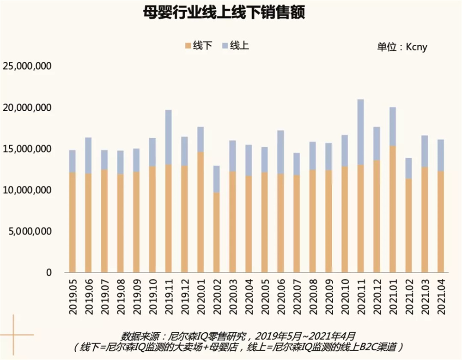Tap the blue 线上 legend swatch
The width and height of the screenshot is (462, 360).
tap(225, 46)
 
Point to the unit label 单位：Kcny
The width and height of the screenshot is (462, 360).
tap(402, 47)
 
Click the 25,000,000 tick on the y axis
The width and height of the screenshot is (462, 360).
tap(27, 66)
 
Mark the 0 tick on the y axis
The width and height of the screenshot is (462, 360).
tap(49, 272)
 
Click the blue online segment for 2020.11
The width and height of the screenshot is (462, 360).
tap(361, 132)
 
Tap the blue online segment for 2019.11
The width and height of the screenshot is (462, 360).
tap(169, 137)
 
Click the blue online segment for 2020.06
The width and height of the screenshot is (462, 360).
tap(280, 152)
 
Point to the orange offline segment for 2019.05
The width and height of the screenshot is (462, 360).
tap(73, 222)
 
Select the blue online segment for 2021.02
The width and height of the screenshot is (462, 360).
tap(408, 168)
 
